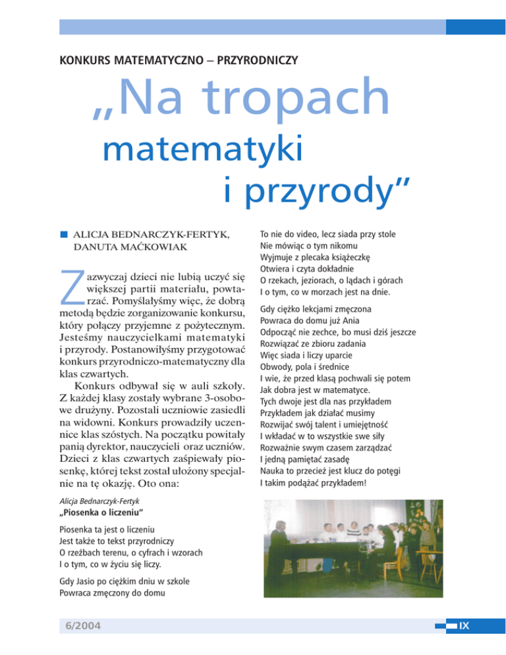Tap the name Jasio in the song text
tap(88, 580)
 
